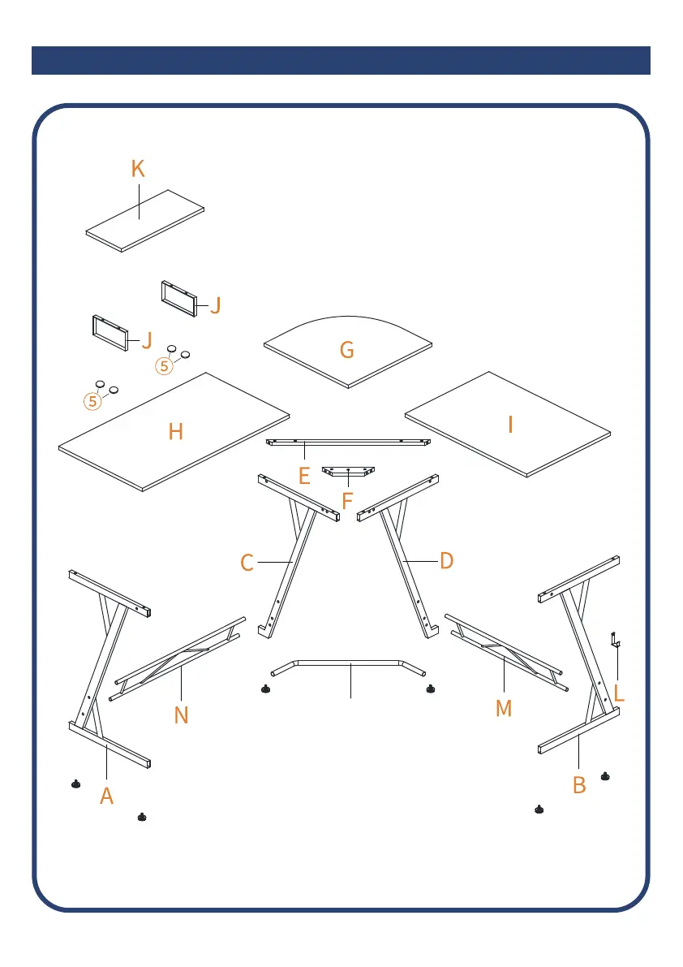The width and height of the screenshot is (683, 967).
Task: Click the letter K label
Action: click(138, 169)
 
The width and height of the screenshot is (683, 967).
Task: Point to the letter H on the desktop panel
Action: click(175, 431)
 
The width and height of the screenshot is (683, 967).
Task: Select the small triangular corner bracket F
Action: click(349, 473)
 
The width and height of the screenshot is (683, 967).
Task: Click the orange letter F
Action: click(347, 500)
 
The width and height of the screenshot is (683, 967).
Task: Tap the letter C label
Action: click(247, 562)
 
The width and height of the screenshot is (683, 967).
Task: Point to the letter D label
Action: click(446, 560)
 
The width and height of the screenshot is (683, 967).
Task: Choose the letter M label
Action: click(504, 708)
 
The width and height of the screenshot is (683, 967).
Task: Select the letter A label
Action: click(106, 796)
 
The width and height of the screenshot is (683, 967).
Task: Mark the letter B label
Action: click(579, 785)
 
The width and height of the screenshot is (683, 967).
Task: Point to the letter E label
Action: click(304, 475)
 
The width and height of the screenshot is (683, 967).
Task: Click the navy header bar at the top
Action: click(341, 60)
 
